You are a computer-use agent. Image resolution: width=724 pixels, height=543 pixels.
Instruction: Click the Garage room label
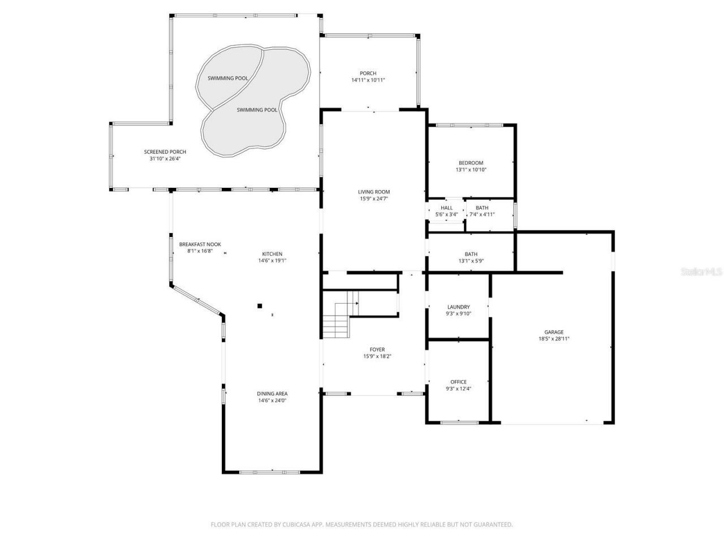[x=554, y=332]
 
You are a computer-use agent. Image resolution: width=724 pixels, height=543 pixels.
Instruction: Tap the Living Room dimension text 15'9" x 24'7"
[x=374, y=199]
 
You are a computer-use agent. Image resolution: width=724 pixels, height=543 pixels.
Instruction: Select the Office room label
[x=458, y=382]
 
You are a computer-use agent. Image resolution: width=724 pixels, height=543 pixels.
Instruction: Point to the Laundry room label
[x=458, y=307]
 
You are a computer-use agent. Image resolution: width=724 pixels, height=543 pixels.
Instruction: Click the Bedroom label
[x=471, y=163]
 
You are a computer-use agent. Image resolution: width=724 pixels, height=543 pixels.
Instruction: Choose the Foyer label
[x=377, y=350]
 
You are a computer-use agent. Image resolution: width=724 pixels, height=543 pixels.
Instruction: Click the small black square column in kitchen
[x=260, y=306]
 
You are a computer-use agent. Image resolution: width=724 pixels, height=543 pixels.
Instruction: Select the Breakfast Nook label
[x=200, y=244]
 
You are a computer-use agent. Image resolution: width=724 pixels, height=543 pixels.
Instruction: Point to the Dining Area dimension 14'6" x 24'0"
[x=272, y=400]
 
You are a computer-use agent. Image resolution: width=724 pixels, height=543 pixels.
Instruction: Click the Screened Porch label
[x=165, y=152]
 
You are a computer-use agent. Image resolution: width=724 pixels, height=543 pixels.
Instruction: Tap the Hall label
[x=446, y=208]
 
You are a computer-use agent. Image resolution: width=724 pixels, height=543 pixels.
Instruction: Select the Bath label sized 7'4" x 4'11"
[x=482, y=208]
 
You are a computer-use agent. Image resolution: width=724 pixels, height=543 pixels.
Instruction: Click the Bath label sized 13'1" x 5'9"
[x=471, y=254]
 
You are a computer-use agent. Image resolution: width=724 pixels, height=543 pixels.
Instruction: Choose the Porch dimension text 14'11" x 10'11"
[x=368, y=80]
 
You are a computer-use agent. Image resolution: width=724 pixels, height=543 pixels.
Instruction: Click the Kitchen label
[x=272, y=254]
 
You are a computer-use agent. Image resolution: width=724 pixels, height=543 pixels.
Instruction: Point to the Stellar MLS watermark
[x=701, y=272]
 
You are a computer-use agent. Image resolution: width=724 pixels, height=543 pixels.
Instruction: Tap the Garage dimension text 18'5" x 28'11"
[x=554, y=339]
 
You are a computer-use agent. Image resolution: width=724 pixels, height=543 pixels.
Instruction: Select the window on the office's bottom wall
[x=458, y=422]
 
